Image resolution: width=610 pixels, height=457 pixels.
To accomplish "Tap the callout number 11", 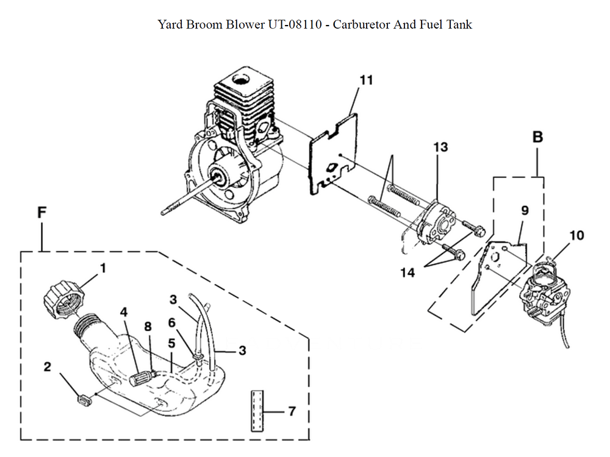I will tap(366, 80).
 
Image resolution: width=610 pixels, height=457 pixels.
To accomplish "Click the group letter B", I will tap(537, 137).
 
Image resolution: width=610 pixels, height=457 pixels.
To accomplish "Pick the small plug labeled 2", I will tap(84, 400).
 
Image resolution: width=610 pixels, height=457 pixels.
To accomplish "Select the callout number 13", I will tap(440, 147).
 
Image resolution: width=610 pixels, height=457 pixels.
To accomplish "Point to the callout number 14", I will tap(408, 272).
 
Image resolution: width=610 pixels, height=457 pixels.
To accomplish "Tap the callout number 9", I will tap(525, 211).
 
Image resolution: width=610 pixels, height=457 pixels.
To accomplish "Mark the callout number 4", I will tap(124, 311).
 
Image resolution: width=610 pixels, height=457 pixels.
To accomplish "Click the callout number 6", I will tap(172, 321).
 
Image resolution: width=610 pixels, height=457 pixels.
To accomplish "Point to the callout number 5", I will tap(172, 344).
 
